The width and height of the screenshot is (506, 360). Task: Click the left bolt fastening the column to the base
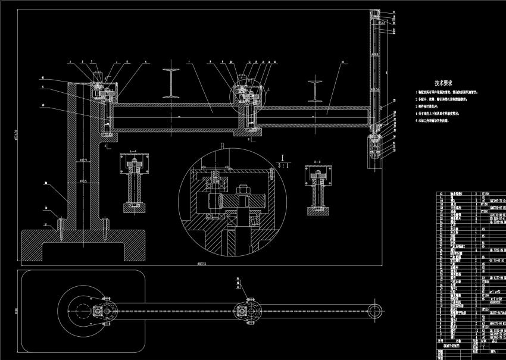click(60, 224)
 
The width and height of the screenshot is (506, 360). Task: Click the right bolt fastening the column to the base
click(104, 224)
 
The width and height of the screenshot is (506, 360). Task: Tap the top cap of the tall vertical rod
click(374, 13)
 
